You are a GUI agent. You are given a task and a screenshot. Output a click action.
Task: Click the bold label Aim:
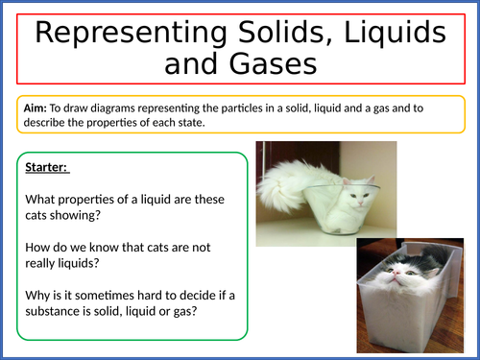pyautogui.click(x=36, y=107)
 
